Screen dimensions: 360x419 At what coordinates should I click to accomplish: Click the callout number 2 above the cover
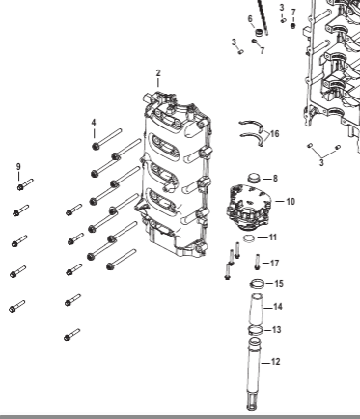(x=158, y=73)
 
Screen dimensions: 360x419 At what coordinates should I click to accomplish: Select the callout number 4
(x=94, y=123)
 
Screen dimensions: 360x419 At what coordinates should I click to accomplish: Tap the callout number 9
(x=18, y=167)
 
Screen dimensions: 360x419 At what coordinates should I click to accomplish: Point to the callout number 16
(x=275, y=133)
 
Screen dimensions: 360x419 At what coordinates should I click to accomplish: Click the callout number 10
(x=291, y=202)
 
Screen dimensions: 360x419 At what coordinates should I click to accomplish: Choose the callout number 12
(x=276, y=362)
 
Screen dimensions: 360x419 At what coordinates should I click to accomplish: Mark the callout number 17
(x=274, y=264)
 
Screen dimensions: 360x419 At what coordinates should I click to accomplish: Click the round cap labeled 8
(x=254, y=178)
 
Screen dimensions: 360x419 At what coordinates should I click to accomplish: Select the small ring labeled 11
(x=249, y=238)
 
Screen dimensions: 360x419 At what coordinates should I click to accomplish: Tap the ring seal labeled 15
(x=258, y=284)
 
